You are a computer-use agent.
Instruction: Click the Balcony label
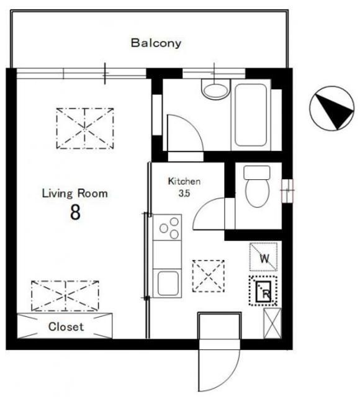click(x=156, y=43)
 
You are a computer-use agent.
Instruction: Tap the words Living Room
click(x=74, y=194)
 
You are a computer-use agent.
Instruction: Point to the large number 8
click(x=75, y=212)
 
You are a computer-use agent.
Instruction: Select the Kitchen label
click(x=184, y=181)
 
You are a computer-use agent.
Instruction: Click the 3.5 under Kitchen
click(x=184, y=194)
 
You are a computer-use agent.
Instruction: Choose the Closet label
click(x=66, y=327)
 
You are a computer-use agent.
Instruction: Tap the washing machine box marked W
click(x=263, y=257)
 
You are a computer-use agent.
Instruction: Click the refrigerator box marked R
click(x=263, y=291)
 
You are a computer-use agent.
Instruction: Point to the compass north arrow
click(x=334, y=109)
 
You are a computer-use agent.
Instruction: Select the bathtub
click(x=251, y=115)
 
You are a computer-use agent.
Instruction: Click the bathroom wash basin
click(x=215, y=89)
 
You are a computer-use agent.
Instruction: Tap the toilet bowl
click(x=257, y=193)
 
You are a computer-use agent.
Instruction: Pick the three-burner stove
click(x=167, y=228)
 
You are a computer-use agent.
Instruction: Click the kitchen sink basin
click(x=168, y=283)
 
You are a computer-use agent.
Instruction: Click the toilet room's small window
click(x=287, y=190)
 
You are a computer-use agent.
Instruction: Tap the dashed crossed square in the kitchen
click(x=209, y=276)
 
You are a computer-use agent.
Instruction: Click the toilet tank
click(x=257, y=172)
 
